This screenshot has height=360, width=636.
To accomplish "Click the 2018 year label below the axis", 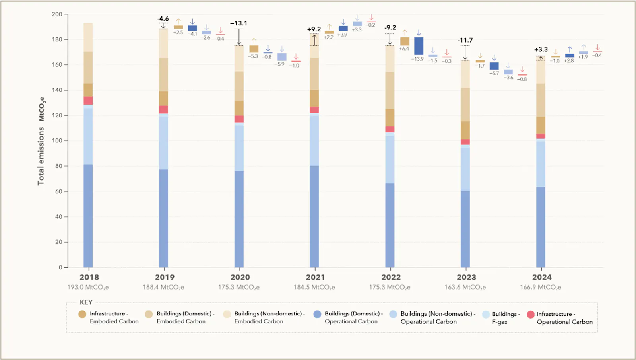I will pyautogui.click(x=89, y=277).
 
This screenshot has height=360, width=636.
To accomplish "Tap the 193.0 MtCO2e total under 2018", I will pyautogui.click(x=88, y=287).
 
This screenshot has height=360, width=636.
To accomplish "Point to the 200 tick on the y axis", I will pyautogui.click(x=57, y=14).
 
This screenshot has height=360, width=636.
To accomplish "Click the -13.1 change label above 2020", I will pyautogui.click(x=238, y=23).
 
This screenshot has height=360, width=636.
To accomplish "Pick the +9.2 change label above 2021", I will pyautogui.click(x=314, y=29).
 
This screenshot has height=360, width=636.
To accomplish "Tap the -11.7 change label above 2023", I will pyautogui.click(x=465, y=40).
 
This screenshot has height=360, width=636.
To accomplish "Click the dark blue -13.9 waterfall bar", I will pyautogui.click(x=419, y=46).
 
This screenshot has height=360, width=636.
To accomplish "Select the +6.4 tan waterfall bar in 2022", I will pyautogui.click(x=405, y=41).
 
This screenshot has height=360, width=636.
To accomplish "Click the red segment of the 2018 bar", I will pyautogui.click(x=88, y=101).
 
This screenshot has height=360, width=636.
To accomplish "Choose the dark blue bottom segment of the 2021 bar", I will pyautogui.click(x=314, y=216).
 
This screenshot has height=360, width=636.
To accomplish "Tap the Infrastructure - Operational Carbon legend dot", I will pyautogui.click(x=531, y=315).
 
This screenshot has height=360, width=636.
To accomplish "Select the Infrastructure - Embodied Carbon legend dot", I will pyautogui.click(x=82, y=314).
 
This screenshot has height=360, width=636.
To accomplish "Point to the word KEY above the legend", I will pyautogui.click(x=86, y=302).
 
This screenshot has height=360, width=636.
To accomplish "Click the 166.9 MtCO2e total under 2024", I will pyautogui.click(x=541, y=287).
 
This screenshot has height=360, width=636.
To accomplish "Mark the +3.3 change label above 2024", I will pyautogui.click(x=541, y=50).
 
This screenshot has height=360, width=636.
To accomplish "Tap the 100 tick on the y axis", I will pyautogui.click(x=57, y=141).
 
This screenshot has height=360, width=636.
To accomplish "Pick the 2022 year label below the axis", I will pyautogui.click(x=391, y=277).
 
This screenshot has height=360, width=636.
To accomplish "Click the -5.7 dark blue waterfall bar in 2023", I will pyautogui.click(x=494, y=66).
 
